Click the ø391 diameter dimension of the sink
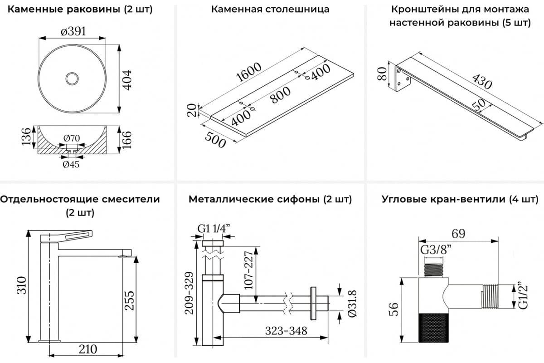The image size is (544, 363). tap(73, 31)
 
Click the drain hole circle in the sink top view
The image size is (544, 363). tap(72, 79)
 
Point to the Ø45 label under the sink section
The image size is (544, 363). tap(71, 164)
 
